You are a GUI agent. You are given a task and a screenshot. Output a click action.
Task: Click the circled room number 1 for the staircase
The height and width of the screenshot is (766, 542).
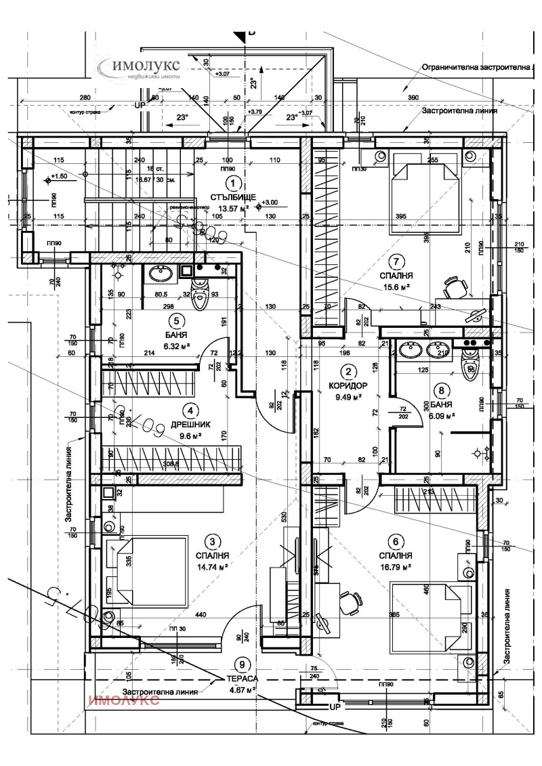click(x=233, y=183)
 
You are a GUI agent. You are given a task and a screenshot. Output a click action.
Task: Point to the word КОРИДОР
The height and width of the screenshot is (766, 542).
click(x=348, y=385)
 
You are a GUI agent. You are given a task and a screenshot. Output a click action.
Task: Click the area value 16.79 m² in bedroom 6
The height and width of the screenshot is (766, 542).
click(x=396, y=567)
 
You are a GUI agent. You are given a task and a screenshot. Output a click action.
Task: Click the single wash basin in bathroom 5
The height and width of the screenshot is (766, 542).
click(x=161, y=274)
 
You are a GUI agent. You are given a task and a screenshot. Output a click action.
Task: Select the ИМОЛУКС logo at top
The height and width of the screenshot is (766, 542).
click(x=139, y=68)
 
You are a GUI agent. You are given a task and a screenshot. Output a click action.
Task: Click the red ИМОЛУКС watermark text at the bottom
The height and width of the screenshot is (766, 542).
click(x=124, y=701)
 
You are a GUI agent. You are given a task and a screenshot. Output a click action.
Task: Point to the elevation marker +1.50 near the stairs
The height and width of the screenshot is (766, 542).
click(x=58, y=176)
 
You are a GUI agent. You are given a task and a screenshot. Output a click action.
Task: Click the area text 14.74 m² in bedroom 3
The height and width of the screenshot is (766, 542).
click(x=212, y=567)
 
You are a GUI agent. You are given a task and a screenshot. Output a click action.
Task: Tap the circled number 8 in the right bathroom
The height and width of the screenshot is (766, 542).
click(x=443, y=389)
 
